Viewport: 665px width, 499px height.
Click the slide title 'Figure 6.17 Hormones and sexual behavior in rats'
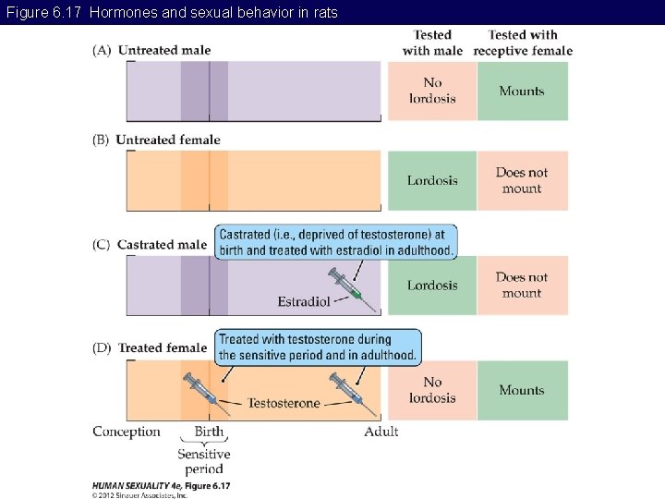172,12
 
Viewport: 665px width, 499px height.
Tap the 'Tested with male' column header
433,43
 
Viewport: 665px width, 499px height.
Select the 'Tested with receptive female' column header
523,43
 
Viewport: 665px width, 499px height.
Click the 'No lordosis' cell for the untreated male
432,91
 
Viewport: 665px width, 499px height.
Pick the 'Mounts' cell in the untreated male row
522,91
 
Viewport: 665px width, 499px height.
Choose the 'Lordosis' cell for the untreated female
432,180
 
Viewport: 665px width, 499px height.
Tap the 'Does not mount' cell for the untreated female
522,180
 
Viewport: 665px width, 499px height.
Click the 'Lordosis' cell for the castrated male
432,285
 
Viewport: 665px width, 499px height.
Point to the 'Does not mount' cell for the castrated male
522,285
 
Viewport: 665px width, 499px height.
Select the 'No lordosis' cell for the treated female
432,390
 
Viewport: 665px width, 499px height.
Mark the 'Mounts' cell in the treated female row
522,390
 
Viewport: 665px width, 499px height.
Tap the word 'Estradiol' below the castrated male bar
304,301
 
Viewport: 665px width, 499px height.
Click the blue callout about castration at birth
336,242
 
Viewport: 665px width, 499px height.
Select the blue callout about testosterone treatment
318,347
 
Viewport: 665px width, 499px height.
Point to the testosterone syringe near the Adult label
352,393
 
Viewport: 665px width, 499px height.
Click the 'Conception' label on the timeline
127,432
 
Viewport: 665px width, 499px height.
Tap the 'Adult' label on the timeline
381,432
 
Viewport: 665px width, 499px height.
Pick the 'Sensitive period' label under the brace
204,461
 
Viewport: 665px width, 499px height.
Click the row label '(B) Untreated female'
156,140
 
